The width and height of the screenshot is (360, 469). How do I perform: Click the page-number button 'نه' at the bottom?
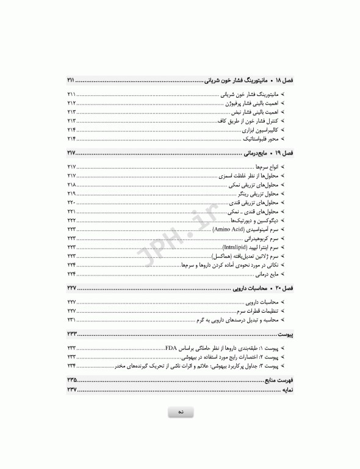tap(181, 413)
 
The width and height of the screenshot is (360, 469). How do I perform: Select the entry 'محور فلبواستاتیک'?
tap(261, 139)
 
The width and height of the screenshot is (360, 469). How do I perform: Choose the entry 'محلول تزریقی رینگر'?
tap(258, 193)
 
